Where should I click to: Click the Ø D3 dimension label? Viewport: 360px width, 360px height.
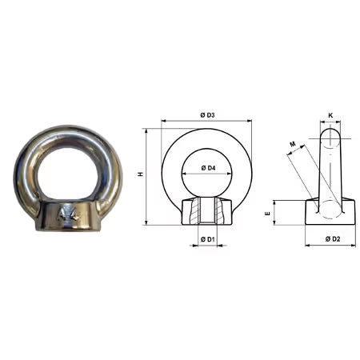pyautogui.click(x=206, y=116)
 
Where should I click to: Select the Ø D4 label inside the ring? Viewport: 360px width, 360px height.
pyautogui.click(x=206, y=166)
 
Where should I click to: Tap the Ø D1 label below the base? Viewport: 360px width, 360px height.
pyautogui.click(x=206, y=238)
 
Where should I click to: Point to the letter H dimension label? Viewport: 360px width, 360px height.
pyautogui.click(x=141, y=174)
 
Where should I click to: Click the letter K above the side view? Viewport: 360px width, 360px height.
pyautogui.click(x=330, y=115)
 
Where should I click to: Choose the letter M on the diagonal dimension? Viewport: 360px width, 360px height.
pyautogui.click(x=293, y=145)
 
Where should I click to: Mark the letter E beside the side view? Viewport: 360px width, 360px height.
pyautogui.click(x=269, y=213)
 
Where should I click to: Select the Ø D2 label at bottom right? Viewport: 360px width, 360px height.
pyautogui.click(x=330, y=238)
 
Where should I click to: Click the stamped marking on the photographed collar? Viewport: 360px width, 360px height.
pyautogui.click(x=68, y=214)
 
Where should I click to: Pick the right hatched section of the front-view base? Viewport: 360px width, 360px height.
pyautogui.click(x=222, y=213)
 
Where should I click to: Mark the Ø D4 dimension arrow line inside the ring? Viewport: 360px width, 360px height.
pyautogui.click(x=206, y=174)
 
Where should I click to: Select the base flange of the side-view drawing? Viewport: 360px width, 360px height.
pyautogui.click(x=330, y=214)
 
